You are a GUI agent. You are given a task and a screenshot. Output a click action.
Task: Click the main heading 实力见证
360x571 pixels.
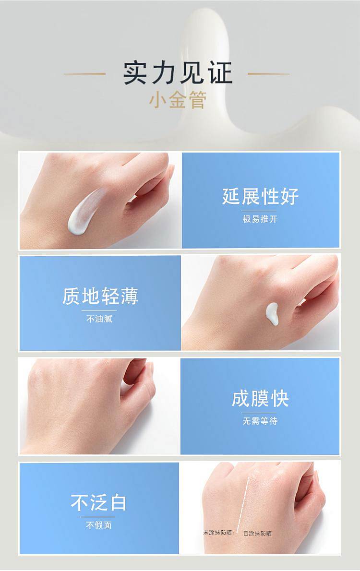[x=178, y=73]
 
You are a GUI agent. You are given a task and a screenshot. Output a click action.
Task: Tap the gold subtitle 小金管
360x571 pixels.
[x=178, y=100]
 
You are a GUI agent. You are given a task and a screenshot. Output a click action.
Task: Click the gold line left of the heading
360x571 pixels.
[x=85, y=74]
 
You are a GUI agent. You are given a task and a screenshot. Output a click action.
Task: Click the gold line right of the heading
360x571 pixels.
[x=268, y=74]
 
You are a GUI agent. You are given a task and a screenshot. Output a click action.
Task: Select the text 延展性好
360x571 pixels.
[x=260, y=196]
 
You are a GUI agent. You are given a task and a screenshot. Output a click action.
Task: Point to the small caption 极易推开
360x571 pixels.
[x=260, y=219]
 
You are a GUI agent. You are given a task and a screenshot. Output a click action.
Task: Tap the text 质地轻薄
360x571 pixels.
[x=100, y=296]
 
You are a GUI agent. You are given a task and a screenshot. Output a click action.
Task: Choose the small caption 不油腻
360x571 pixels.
[x=99, y=319]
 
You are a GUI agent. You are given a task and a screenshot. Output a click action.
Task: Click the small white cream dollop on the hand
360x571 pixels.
[x=272, y=313]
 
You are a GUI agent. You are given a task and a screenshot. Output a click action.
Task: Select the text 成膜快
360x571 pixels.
[x=260, y=398]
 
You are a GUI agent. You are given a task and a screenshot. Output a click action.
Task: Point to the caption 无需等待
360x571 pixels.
[x=260, y=421]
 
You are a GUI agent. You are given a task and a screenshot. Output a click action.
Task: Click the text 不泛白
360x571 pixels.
[x=98, y=502]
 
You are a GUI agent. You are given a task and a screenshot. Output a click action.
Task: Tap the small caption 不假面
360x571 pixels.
[x=99, y=525]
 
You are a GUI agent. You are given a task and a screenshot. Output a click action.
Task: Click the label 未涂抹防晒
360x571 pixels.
[x=217, y=533]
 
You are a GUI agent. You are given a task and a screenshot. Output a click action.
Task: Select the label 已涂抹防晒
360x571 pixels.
[x=257, y=534]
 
